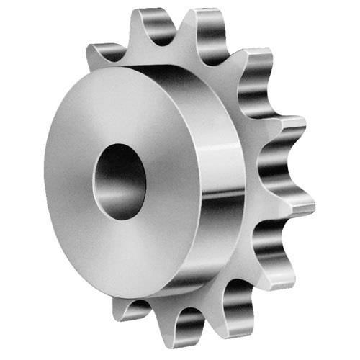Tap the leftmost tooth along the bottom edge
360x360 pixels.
click(x=130, y=310)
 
